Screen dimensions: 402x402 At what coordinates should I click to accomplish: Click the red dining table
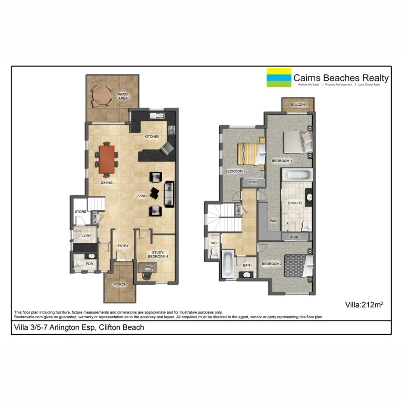[107, 159]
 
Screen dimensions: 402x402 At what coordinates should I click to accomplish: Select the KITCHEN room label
[152, 136]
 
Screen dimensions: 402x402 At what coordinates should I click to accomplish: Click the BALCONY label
[299, 105]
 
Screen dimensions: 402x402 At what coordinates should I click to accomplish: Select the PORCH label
[120, 284]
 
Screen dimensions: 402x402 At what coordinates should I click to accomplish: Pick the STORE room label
[80, 212]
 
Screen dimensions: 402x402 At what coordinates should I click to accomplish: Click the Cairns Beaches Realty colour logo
[279, 78]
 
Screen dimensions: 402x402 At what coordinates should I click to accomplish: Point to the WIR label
[273, 221]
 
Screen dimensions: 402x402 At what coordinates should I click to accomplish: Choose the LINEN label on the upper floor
[238, 210]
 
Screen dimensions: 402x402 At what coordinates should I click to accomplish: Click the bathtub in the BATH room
[228, 264]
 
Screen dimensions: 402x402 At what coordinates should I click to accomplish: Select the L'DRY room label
[86, 236]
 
